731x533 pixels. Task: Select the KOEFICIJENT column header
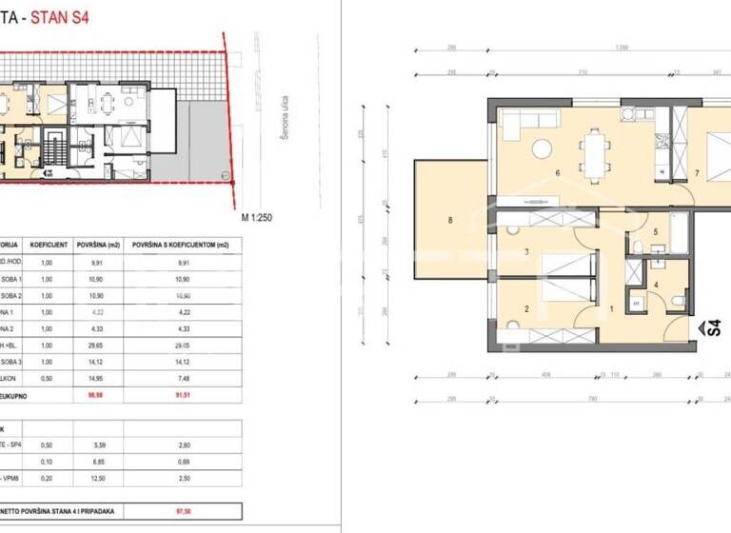click(x=48, y=243)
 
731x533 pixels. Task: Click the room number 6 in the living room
click(x=558, y=173)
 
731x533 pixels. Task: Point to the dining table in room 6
click(x=597, y=156)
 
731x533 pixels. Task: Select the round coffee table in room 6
click(x=542, y=148)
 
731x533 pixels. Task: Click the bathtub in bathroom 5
click(x=679, y=234)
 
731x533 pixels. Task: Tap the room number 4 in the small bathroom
click(x=656, y=284)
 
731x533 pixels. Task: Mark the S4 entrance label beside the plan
click(x=709, y=328)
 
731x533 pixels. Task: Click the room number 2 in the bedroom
click(x=525, y=308)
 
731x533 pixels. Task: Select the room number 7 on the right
click(x=698, y=173)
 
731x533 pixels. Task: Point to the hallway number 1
click(x=611, y=308)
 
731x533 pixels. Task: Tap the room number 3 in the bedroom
click(x=525, y=251)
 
